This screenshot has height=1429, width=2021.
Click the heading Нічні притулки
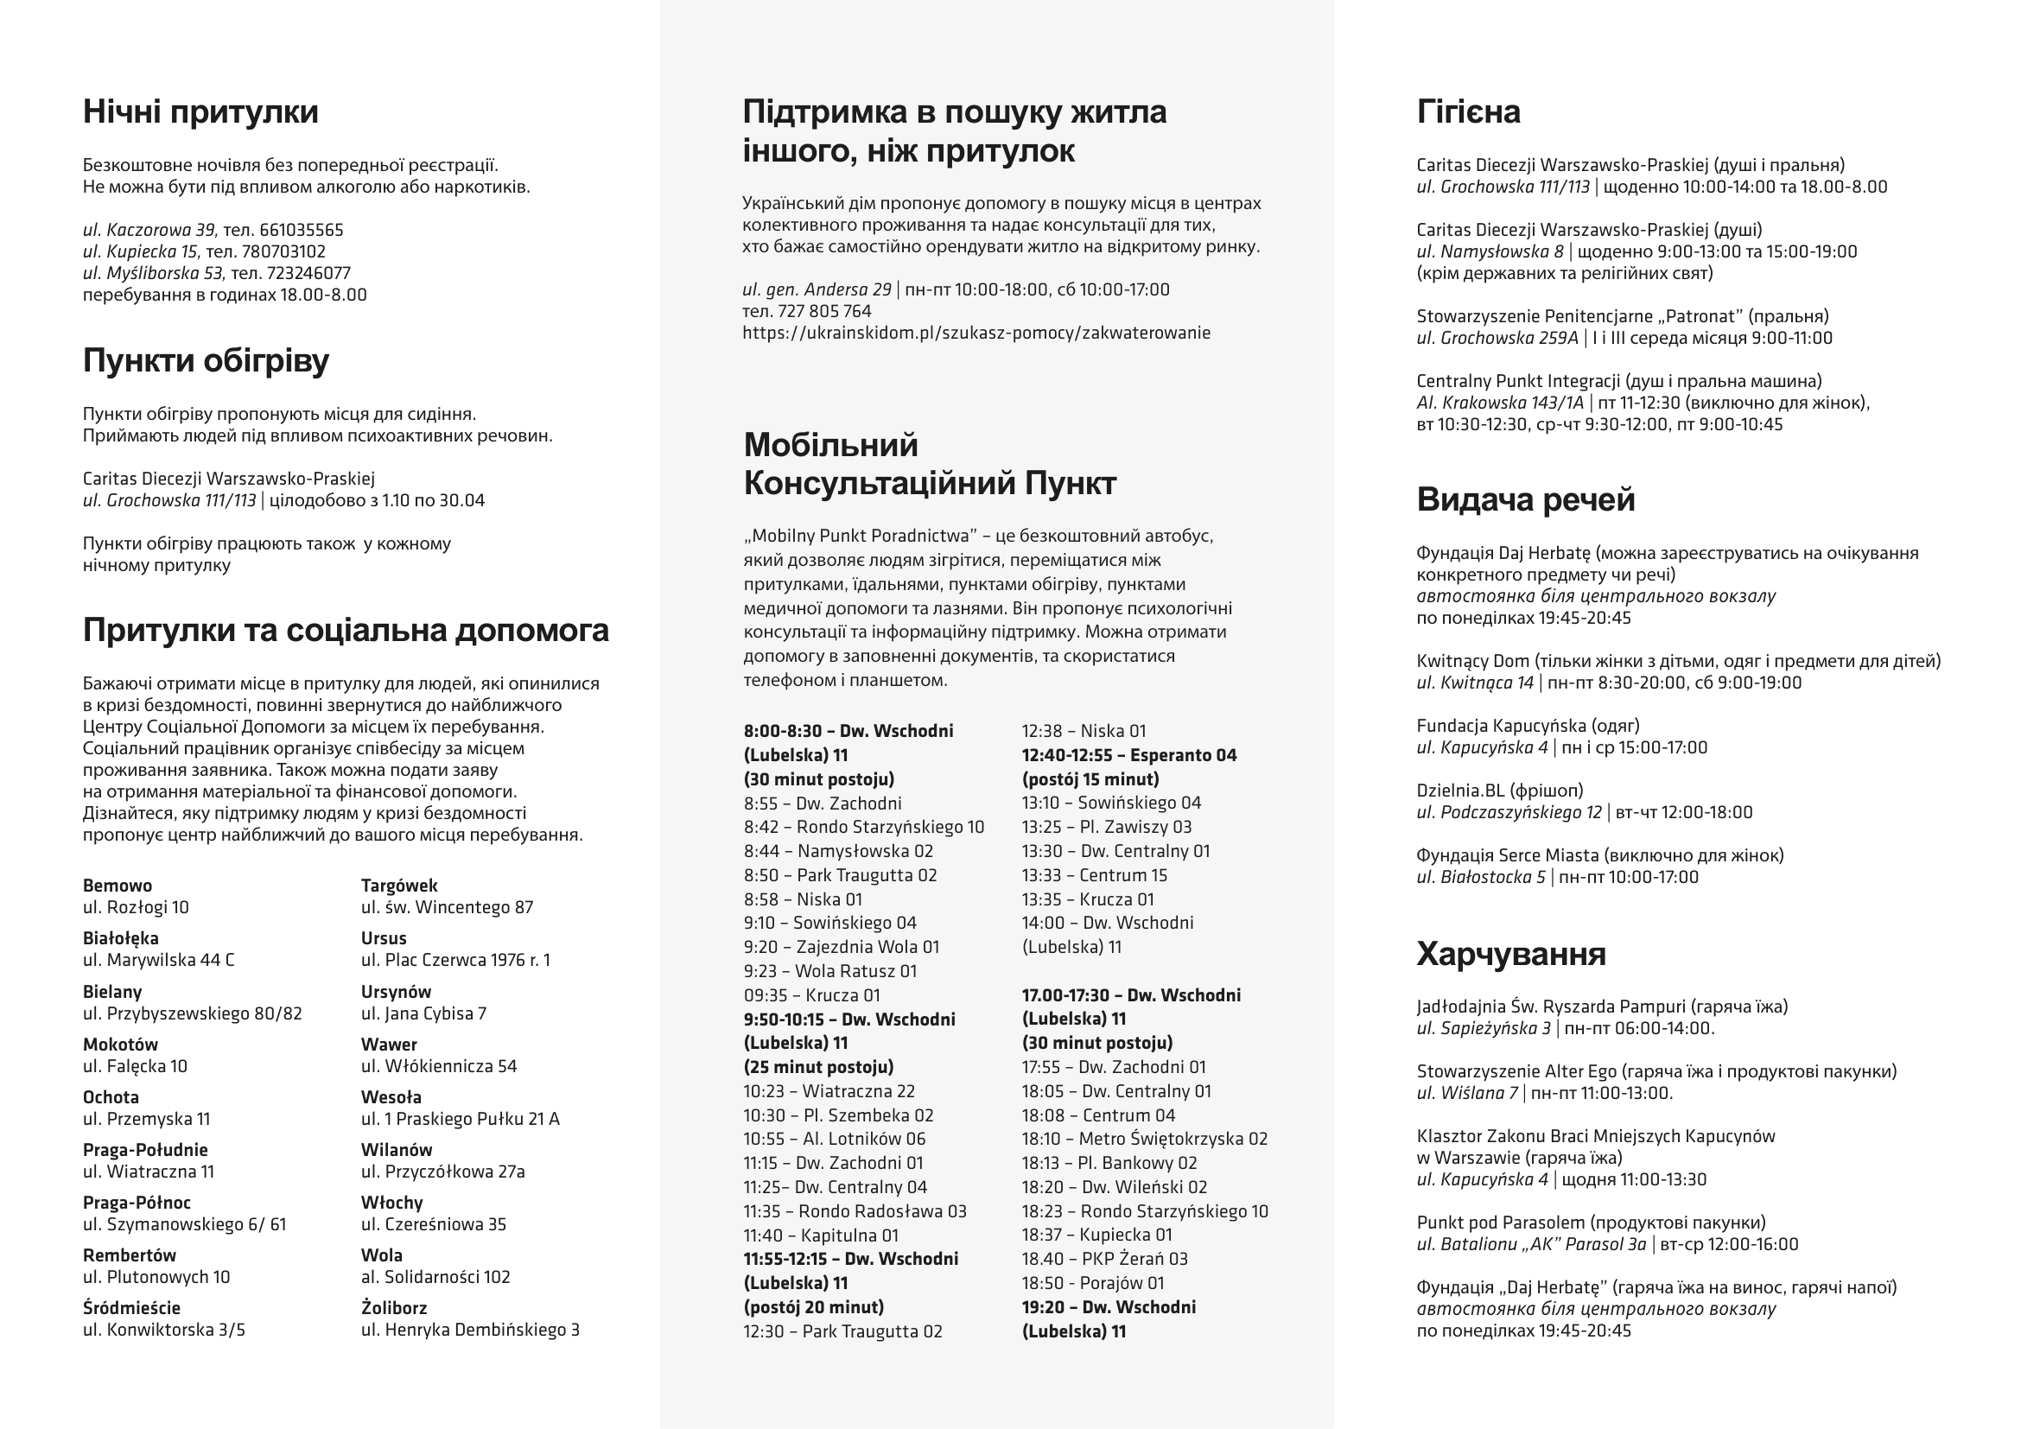[x=200, y=111]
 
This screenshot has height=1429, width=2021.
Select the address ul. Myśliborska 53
[x=153, y=273]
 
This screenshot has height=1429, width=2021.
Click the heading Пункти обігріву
[x=206, y=361]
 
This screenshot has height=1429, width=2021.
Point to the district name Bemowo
[x=117, y=886]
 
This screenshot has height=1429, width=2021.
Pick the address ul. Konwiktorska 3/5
[x=163, y=1330]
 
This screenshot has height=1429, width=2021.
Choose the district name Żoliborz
[x=393, y=1307]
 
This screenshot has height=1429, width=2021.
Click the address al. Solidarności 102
[x=435, y=1277]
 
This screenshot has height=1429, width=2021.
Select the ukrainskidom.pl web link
[x=976, y=333]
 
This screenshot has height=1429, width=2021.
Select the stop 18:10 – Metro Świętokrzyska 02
[x=1144, y=1139]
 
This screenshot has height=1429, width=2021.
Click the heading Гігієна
[x=1468, y=111]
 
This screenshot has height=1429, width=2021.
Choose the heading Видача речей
[x=1525, y=499]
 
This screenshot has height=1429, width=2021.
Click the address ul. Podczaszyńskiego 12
[x=1509, y=812]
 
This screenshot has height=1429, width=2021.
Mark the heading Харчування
[x=1510, y=954]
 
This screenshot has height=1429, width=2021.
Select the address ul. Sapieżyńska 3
[x=1484, y=1028]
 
